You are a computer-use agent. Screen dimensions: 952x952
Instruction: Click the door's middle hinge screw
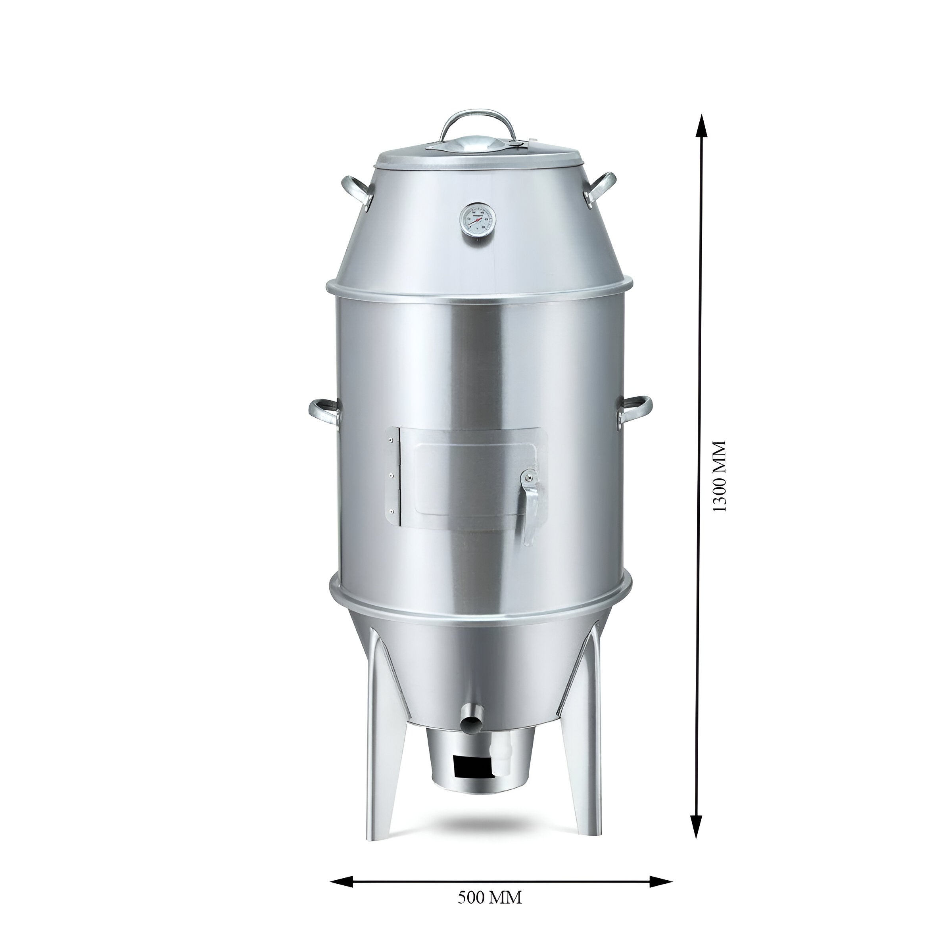click(390, 476)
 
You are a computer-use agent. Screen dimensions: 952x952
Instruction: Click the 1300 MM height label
click(720, 476)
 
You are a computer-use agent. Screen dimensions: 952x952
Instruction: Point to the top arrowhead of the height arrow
click(702, 126)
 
